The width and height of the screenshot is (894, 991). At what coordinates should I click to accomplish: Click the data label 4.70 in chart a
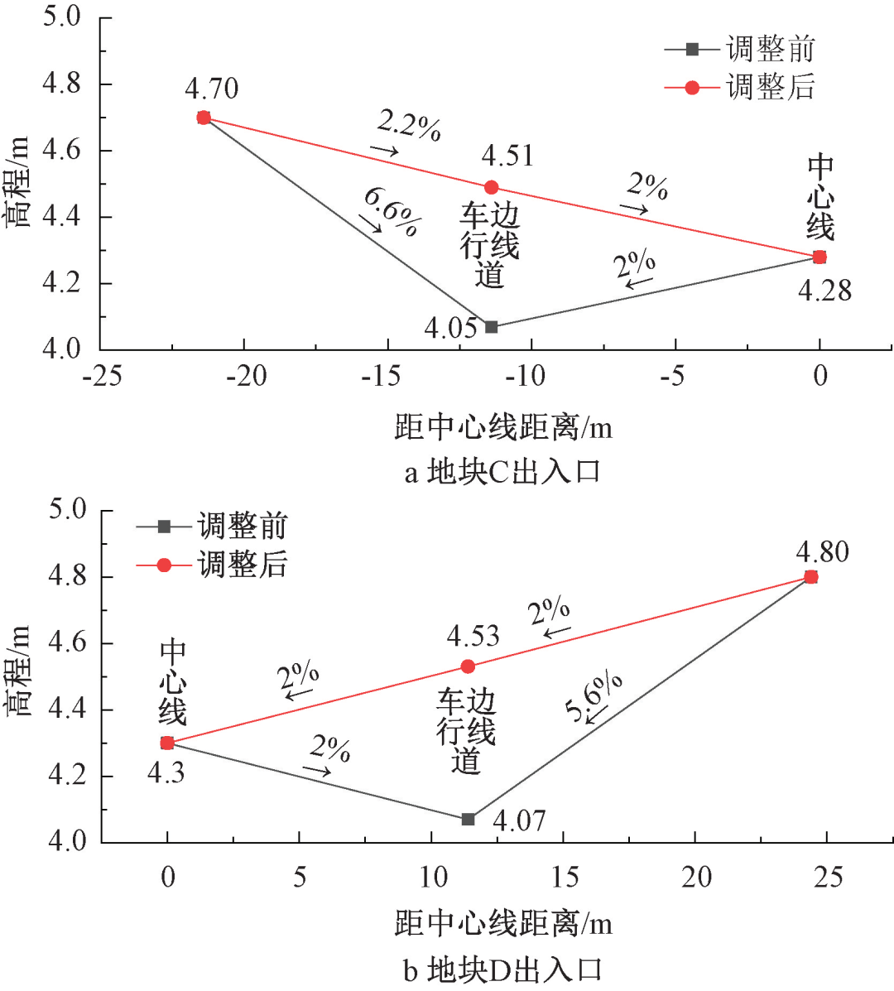[212, 89]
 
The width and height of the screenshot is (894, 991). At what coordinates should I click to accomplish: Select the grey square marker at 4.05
[491, 327]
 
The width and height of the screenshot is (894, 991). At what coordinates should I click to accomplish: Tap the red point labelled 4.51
[491, 188]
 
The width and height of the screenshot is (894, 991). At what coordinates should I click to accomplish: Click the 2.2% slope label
[409, 125]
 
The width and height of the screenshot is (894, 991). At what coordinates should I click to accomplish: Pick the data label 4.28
[824, 291]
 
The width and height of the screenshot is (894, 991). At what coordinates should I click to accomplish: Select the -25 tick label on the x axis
[103, 377]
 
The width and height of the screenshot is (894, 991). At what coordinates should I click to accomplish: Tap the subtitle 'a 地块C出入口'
[502, 473]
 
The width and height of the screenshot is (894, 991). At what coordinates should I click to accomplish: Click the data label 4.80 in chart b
[822, 552]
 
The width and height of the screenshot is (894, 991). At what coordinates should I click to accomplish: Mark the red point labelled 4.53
[468, 666]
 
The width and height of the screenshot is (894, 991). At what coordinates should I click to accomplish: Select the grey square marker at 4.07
[468, 819]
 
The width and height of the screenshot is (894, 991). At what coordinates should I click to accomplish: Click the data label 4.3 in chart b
[166, 773]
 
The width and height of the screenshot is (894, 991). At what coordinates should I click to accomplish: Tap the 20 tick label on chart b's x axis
[696, 877]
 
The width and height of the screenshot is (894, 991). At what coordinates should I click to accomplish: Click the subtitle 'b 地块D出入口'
[502, 970]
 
